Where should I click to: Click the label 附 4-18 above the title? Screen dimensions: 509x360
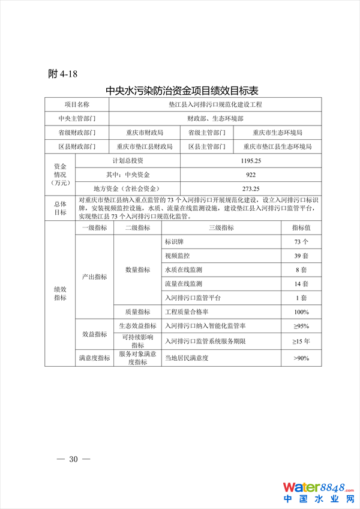(x=63, y=74)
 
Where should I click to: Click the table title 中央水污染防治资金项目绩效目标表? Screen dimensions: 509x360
(x=182, y=91)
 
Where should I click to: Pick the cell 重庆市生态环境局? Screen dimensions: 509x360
(x=277, y=133)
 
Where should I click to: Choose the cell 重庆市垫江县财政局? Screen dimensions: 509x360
(x=145, y=146)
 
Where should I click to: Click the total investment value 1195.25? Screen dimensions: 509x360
(x=250, y=161)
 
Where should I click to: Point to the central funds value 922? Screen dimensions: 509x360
(x=250, y=175)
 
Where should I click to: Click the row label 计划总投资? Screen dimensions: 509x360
(x=128, y=161)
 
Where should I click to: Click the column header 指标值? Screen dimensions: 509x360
(x=301, y=228)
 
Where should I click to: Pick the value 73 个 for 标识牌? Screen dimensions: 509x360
(x=301, y=242)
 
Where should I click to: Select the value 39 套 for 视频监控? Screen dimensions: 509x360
(x=301, y=256)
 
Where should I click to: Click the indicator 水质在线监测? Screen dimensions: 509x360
(x=184, y=270)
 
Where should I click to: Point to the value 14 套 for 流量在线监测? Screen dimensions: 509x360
(x=301, y=283)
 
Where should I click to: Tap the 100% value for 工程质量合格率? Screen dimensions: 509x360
(x=301, y=312)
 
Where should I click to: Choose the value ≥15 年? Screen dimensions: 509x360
(x=301, y=341)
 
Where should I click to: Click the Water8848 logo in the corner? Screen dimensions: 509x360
(x=318, y=491)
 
